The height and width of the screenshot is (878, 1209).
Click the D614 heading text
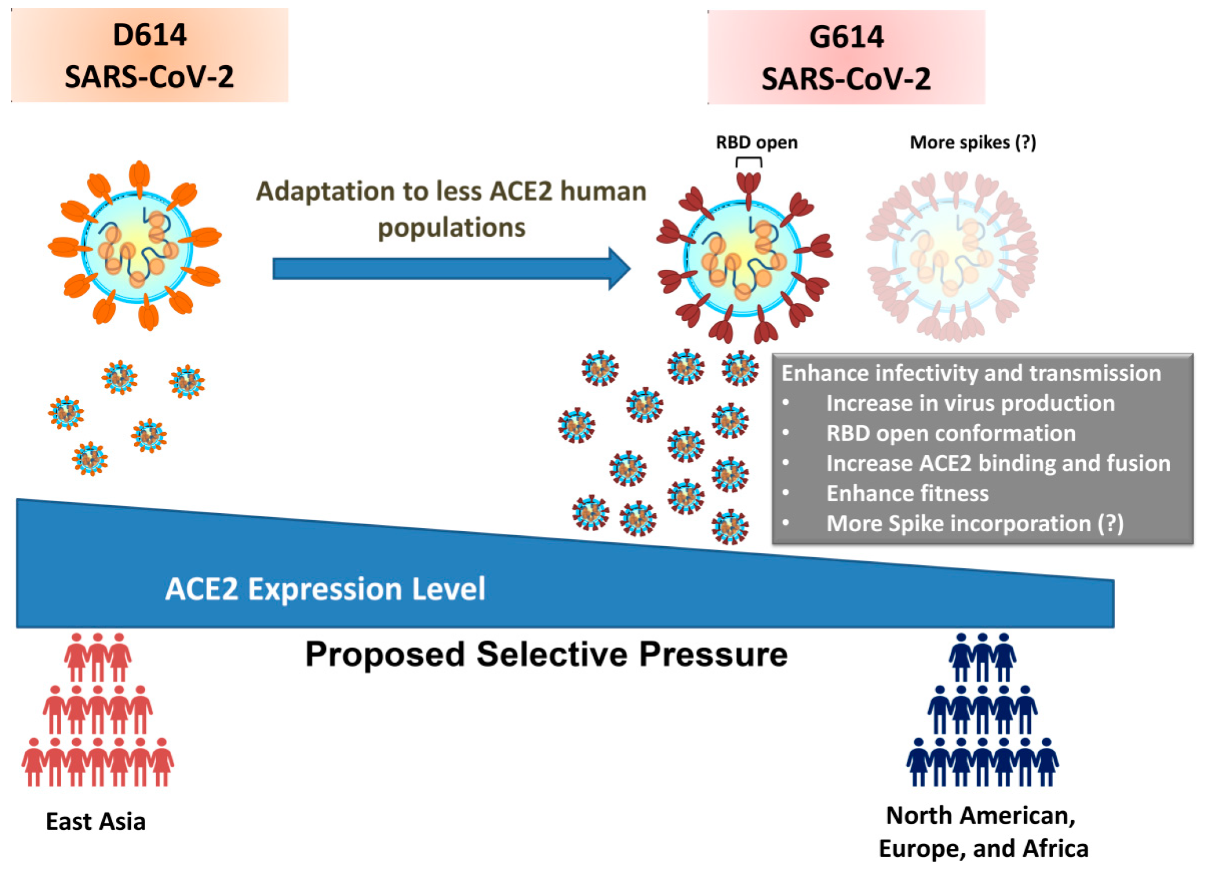pyautogui.click(x=150, y=36)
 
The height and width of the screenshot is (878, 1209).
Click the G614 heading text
pyautogui.click(x=846, y=37)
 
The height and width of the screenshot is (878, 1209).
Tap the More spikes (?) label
pyautogui.click(x=972, y=143)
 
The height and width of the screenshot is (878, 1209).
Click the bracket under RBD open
pyautogui.click(x=749, y=160)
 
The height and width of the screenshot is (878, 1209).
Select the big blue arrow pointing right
pyautogui.click(x=451, y=269)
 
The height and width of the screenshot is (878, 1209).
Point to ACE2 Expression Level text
pyautogui.click(x=325, y=590)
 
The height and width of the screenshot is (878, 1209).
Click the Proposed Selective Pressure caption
pyautogui.click(x=546, y=655)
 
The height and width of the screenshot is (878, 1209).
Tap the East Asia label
pyautogui.click(x=96, y=821)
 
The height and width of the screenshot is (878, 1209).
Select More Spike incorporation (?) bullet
pyautogui.click(x=975, y=524)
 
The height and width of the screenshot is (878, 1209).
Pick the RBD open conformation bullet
pyautogui.click(x=950, y=433)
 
